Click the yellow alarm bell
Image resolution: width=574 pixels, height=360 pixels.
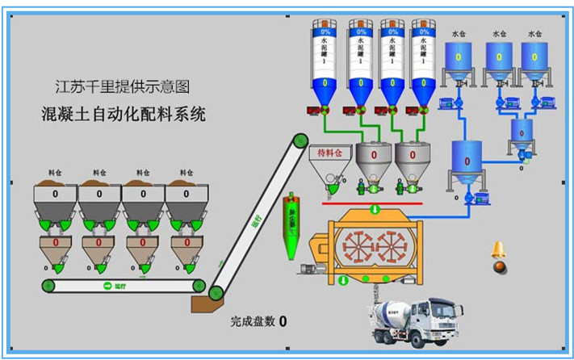click(x=499, y=250)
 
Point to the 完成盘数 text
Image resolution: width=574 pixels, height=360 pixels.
click(x=252, y=321)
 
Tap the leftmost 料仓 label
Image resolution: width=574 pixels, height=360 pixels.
click(x=55, y=173)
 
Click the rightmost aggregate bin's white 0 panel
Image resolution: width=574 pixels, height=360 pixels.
click(x=187, y=194)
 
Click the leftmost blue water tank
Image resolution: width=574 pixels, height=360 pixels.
click(x=459, y=61)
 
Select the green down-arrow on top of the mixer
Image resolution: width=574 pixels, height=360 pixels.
click(x=373, y=210)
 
